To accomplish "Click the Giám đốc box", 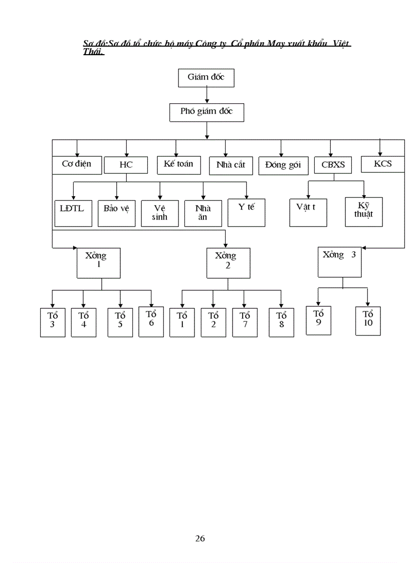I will click(x=206, y=77).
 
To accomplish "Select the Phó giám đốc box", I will click(x=207, y=112).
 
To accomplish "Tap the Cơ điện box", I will click(x=77, y=164).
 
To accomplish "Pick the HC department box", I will click(x=126, y=165).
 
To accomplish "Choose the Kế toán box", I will click(x=178, y=164).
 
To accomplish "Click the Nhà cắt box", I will click(x=231, y=165).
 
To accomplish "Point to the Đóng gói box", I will click(x=283, y=166).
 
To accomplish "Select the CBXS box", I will click(x=333, y=165).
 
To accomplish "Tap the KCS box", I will click(x=382, y=164).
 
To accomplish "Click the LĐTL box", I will click(x=73, y=213).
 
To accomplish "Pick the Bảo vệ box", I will click(x=116, y=213).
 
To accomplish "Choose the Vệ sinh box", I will click(x=160, y=213).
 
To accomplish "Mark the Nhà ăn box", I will click(x=203, y=213).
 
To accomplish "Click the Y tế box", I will click(x=246, y=212).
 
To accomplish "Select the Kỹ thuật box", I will click(x=363, y=212).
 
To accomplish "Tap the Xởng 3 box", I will click(x=339, y=261).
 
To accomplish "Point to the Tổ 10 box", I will click(x=368, y=320).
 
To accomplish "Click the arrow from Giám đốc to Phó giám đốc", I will click(x=207, y=95).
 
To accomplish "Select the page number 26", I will click(x=200, y=539).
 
